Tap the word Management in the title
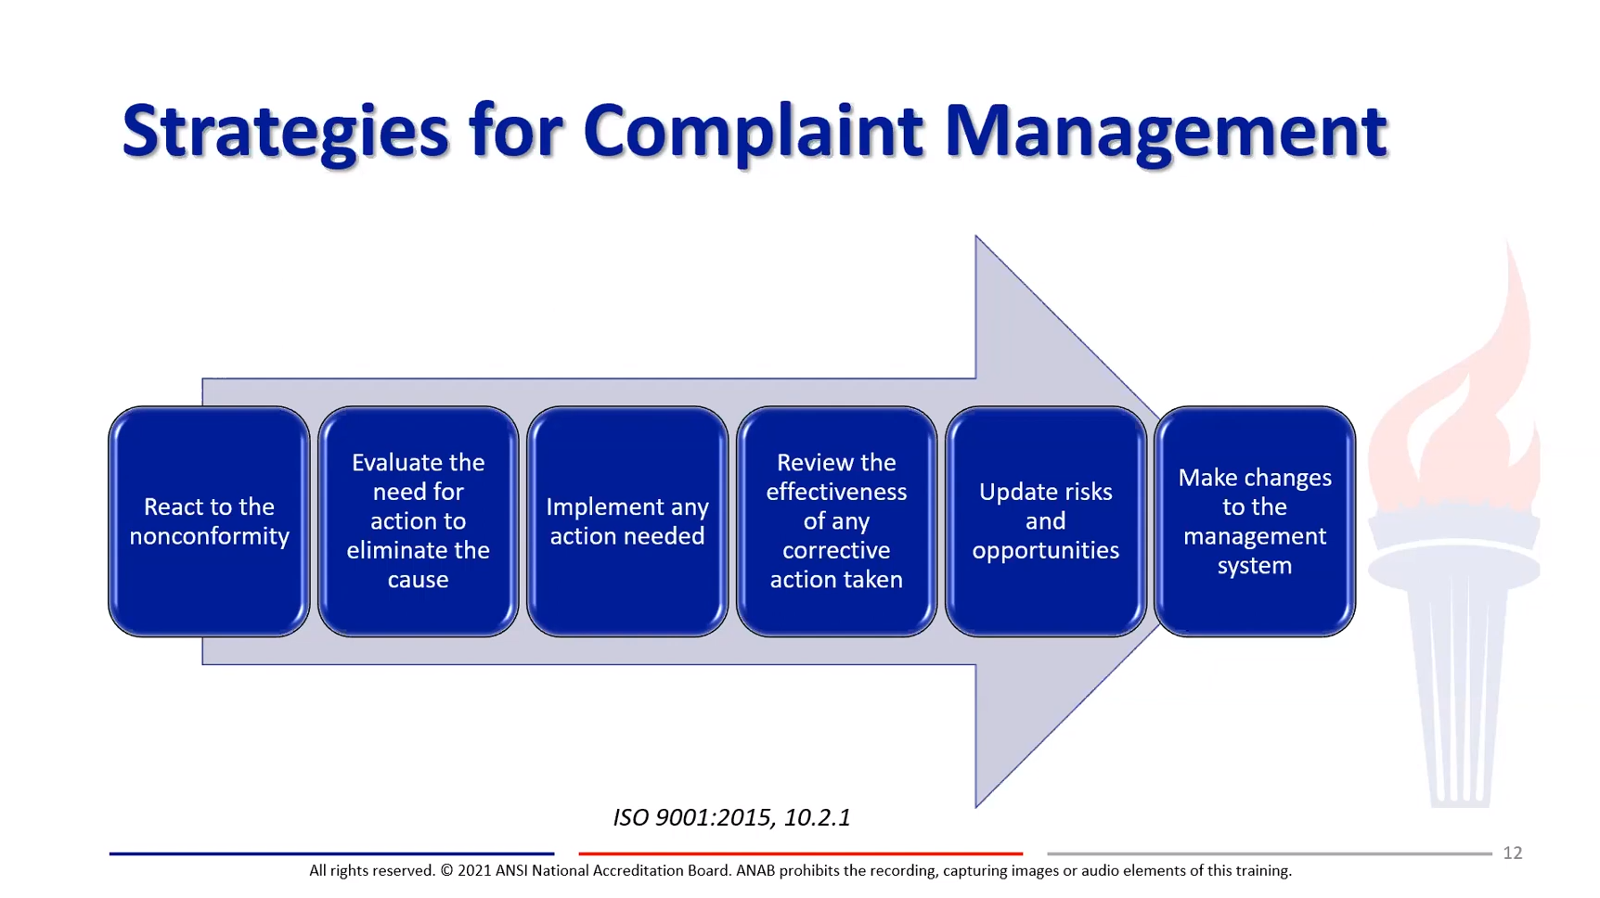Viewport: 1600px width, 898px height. pos(1166,132)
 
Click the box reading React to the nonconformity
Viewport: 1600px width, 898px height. pos(209,521)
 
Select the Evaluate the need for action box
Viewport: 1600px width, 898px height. pos(419,521)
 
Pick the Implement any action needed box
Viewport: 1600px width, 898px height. pos(627,521)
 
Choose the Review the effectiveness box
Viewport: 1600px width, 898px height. pos(836,521)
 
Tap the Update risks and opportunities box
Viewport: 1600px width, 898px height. pos(1046,521)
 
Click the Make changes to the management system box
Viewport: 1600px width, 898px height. pos(1255,521)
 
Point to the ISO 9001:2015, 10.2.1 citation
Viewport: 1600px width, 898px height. pos(731,817)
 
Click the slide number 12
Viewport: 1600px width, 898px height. pos(1513,853)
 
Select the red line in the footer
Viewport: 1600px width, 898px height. pos(801,853)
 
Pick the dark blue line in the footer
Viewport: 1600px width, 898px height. pos(331,853)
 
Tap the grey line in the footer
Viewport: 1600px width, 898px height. pos(1270,853)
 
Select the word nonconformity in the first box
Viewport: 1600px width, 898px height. pos(209,536)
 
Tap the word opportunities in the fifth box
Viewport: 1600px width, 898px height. pos(1046,551)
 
